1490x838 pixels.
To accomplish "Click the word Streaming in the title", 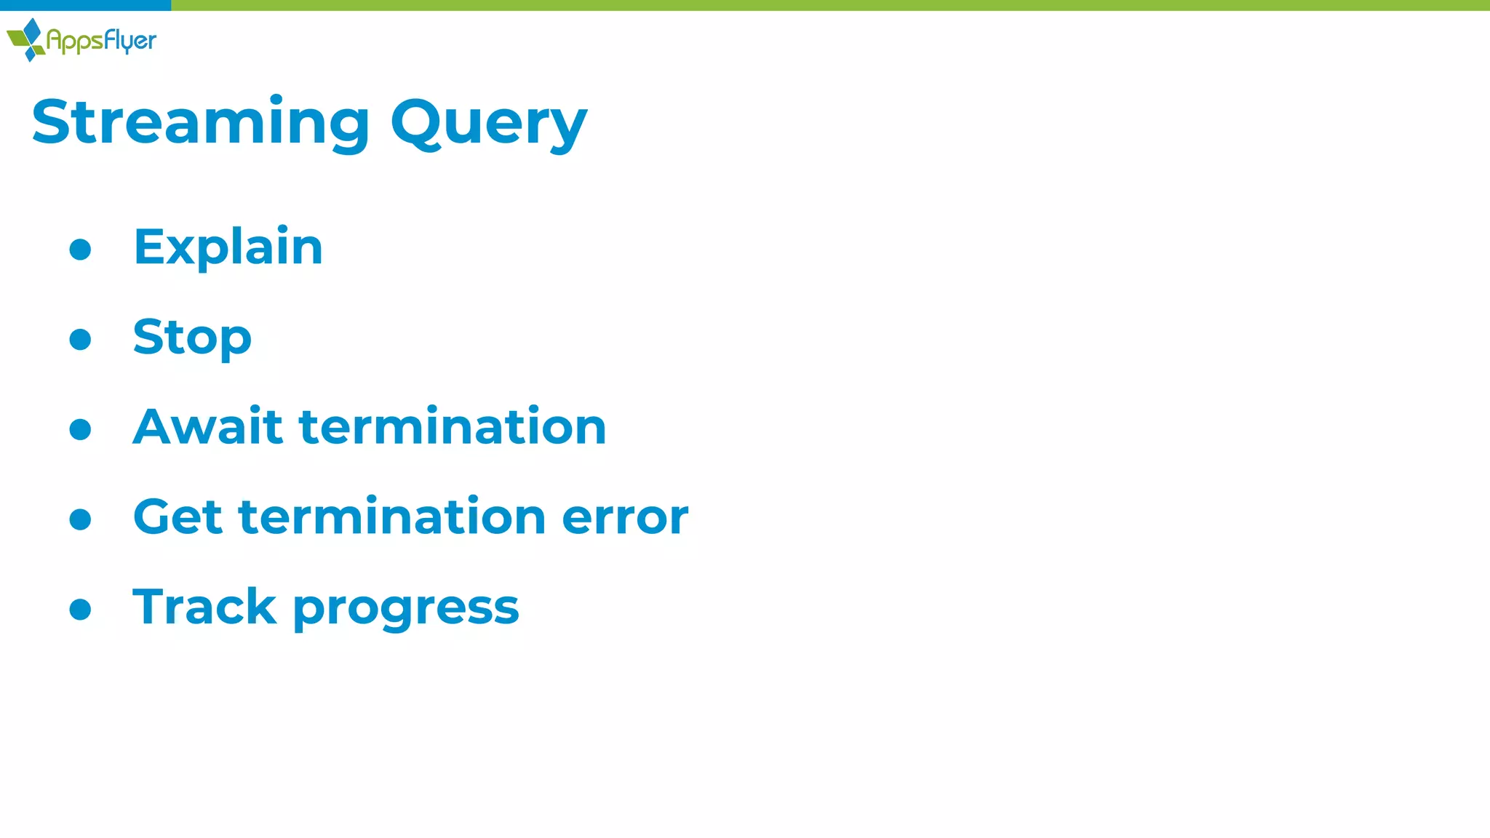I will pyautogui.click(x=201, y=122).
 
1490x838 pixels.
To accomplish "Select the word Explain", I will pyautogui.click(x=228, y=247).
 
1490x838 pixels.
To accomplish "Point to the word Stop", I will pyautogui.click(x=192, y=338).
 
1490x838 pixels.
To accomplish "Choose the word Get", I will pyautogui.click(x=178, y=516).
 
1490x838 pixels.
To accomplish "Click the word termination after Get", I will pyautogui.click(x=392, y=516).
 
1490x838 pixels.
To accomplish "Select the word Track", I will pyautogui.click(x=204, y=607).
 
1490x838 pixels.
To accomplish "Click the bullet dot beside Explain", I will pyautogui.click(x=80, y=250).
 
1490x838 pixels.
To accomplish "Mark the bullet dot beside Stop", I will pyautogui.click(x=80, y=339).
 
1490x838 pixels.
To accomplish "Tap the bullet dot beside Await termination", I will pyautogui.click(x=80, y=429).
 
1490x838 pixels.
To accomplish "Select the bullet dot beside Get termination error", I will pyautogui.click(x=80, y=519).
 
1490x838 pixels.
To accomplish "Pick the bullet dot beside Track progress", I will pyautogui.click(x=80, y=609).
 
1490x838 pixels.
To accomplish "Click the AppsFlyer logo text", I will pyautogui.click(x=101, y=41).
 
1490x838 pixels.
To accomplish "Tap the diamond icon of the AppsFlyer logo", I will pyautogui.click(x=28, y=39).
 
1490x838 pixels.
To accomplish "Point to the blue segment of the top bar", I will pyautogui.click(x=85, y=5).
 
